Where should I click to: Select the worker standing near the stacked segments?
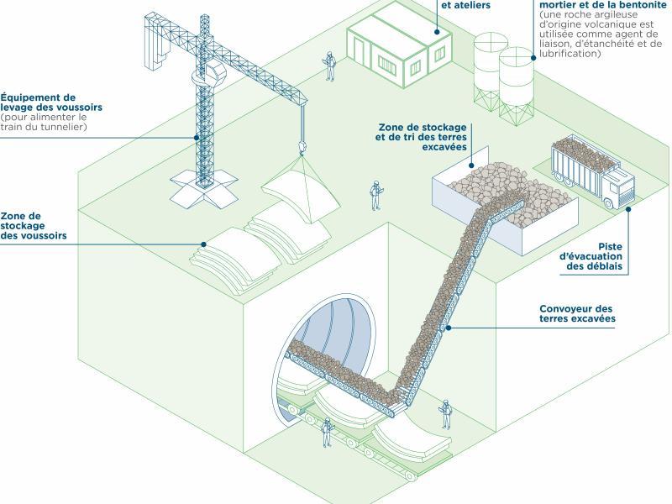click(x=375, y=195)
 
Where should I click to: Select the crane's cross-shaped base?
click(x=201, y=186)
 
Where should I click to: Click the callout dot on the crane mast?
click(x=197, y=137)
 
